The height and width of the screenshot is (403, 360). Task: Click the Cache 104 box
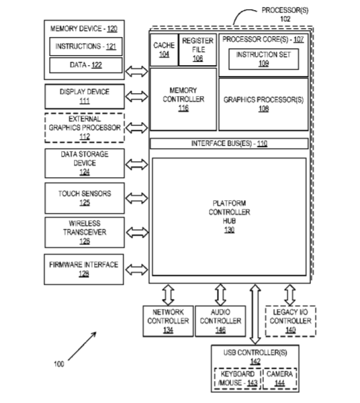pyautogui.click(x=164, y=50)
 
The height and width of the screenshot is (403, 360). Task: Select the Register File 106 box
pyautogui.click(x=197, y=50)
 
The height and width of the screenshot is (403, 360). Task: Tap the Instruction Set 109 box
pyautogui.click(x=264, y=59)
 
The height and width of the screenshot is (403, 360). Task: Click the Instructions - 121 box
pyautogui.click(x=86, y=46)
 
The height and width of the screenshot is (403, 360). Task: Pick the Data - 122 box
pyautogui.click(x=86, y=65)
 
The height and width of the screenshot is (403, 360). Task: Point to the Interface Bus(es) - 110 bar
pyautogui.click(x=229, y=144)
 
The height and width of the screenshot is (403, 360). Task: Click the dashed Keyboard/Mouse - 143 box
pyautogui.click(x=238, y=379)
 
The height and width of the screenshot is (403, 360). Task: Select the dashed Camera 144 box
pyautogui.click(x=279, y=379)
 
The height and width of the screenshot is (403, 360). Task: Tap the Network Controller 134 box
pyautogui.click(x=168, y=321)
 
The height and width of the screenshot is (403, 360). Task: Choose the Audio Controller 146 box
pyautogui.click(x=220, y=321)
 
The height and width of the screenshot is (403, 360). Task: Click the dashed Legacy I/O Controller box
pyautogui.click(x=290, y=321)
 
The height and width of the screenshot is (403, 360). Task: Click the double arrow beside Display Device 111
pyautogui.click(x=137, y=96)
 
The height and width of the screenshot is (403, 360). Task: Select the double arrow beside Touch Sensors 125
pyautogui.click(x=137, y=198)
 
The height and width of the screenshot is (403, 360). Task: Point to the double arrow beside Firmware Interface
pyautogui.click(x=137, y=269)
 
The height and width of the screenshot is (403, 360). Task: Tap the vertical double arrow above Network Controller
pyautogui.click(x=169, y=295)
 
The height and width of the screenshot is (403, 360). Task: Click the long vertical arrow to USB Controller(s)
pyautogui.click(x=255, y=314)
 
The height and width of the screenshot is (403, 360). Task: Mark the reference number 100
pyautogui.click(x=59, y=364)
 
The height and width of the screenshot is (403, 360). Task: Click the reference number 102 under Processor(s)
pyautogui.click(x=285, y=19)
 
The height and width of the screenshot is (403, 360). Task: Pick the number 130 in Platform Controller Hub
pyautogui.click(x=229, y=230)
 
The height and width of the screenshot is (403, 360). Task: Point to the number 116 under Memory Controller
pyautogui.click(x=183, y=108)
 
